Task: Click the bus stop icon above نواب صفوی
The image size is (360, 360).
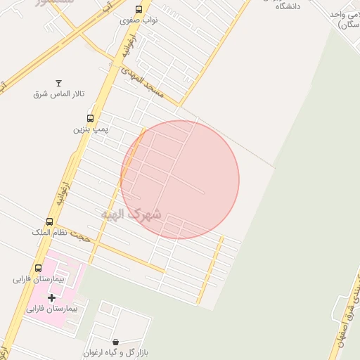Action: click(x=139, y=10)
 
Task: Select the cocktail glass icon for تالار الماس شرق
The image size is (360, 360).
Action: click(x=58, y=83)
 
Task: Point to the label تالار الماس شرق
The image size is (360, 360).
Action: click(x=59, y=94)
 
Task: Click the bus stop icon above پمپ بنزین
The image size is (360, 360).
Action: click(x=90, y=118)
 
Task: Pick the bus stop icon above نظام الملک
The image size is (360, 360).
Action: click(x=49, y=221)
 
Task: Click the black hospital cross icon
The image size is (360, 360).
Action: click(x=51, y=298)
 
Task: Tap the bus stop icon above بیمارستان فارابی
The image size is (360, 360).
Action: click(x=38, y=268)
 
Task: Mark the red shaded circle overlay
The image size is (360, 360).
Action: click(x=180, y=180)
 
